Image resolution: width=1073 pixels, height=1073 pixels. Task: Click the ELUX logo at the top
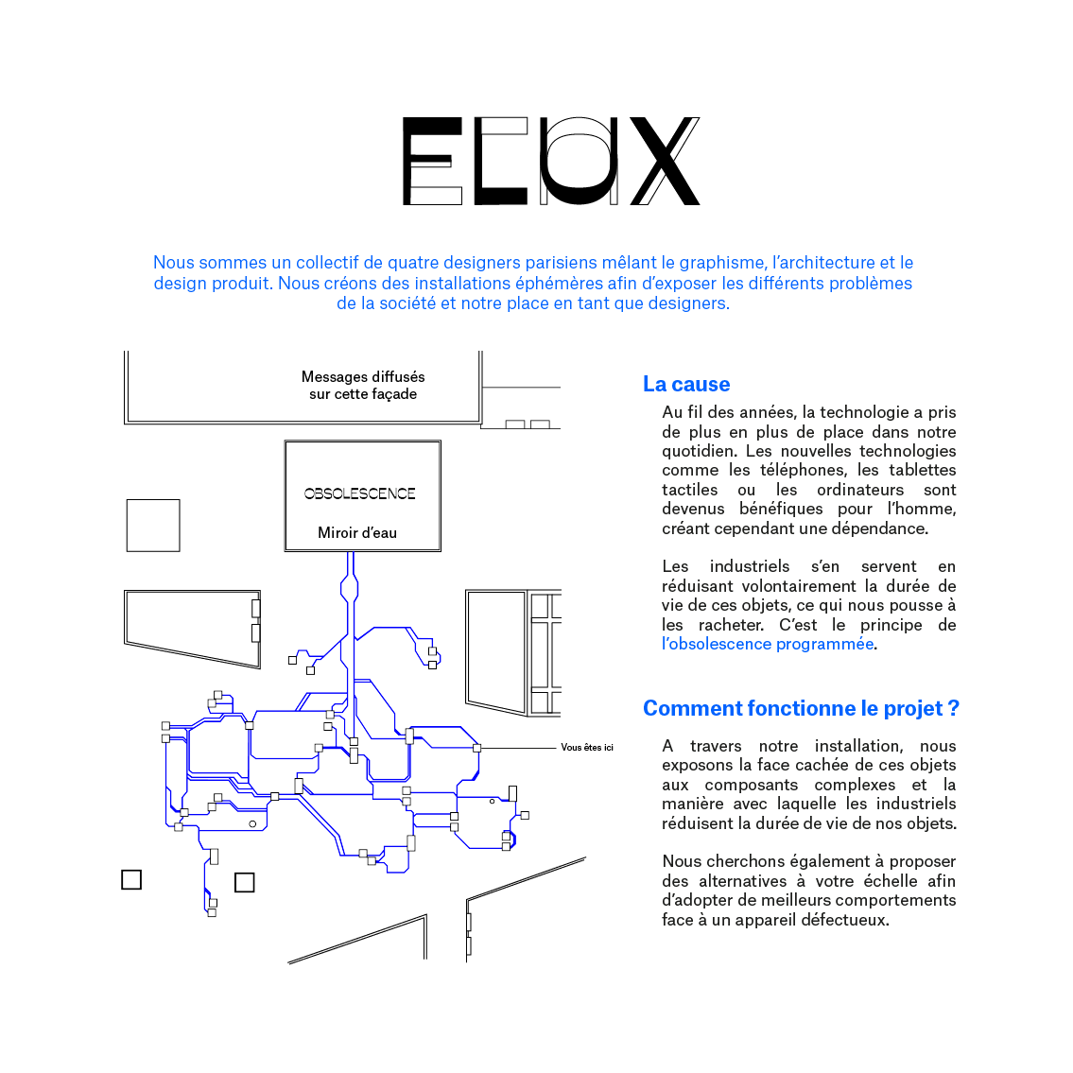pyautogui.click(x=551, y=162)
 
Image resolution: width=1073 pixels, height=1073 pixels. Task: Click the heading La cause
pyautogui.click(x=685, y=384)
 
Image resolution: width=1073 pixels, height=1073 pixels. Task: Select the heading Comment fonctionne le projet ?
pyautogui.click(x=801, y=708)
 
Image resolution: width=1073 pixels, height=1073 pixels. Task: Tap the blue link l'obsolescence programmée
pyautogui.click(x=768, y=644)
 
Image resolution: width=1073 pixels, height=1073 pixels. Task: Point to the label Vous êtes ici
pyautogui.click(x=587, y=748)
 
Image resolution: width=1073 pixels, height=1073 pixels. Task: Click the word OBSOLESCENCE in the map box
pyautogui.click(x=359, y=493)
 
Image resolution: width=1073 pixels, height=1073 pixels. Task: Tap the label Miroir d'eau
pyautogui.click(x=357, y=533)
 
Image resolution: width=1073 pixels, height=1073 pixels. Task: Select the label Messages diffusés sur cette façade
pyautogui.click(x=363, y=385)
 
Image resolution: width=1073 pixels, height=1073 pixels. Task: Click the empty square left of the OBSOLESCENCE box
pyautogui.click(x=153, y=525)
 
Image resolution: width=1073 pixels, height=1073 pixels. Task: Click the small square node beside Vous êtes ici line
pyautogui.click(x=477, y=748)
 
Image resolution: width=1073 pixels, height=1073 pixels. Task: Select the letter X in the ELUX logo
pyautogui.click(x=666, y=162)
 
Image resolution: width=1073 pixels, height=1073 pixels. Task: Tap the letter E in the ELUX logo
pyautogui.click(x=433, y=162)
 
